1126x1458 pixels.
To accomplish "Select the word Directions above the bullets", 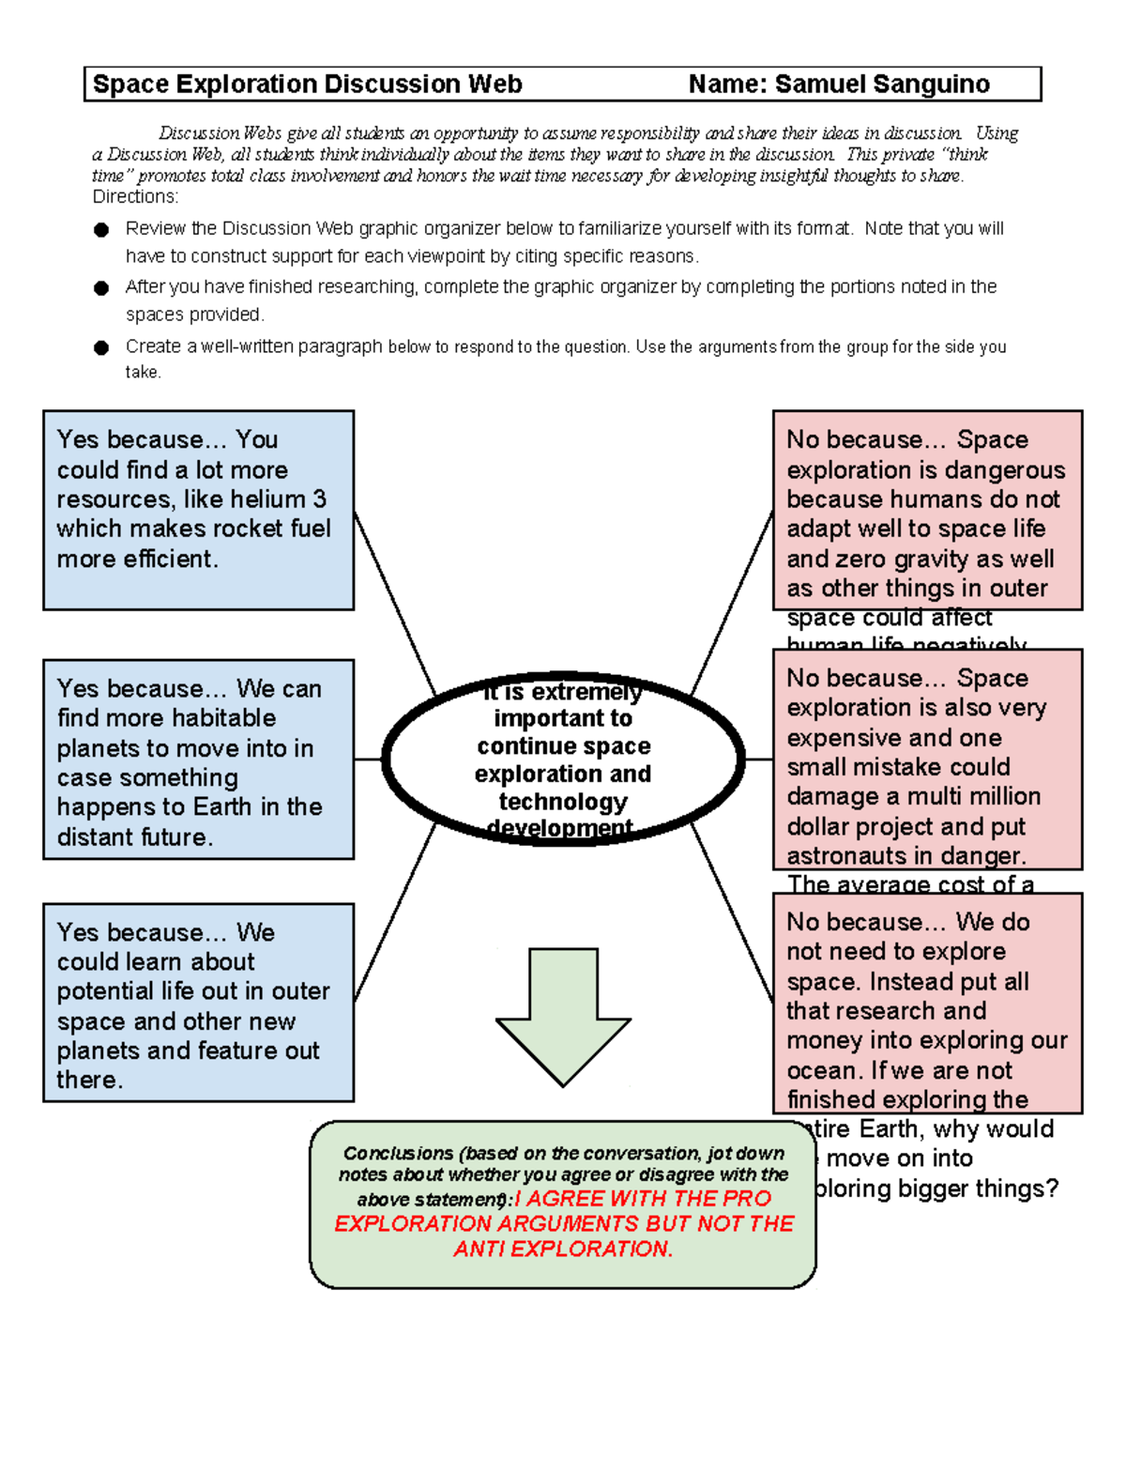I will [x=134, y=196].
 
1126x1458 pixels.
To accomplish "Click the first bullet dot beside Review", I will [x=101, y=229].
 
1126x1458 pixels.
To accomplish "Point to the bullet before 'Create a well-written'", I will [x=101, y=347].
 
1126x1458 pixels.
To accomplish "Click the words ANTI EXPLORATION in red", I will [x=563, y=1250].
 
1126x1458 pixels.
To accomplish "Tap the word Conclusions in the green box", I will [x=398, y=1153].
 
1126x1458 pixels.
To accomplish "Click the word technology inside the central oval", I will [x=563, y=801].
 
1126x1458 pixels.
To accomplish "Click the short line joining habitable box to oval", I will [x=368, y=759].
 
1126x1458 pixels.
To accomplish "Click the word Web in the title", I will [x=495, y=84].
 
